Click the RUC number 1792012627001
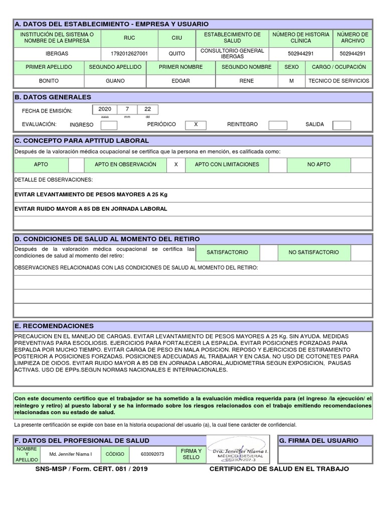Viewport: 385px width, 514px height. click(129, 54)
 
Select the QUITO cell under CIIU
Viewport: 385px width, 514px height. click(176, 54)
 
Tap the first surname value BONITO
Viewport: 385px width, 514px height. click(49, 81)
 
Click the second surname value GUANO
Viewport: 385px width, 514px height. click(115, 81)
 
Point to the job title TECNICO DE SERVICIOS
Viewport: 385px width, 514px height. click(338, 81)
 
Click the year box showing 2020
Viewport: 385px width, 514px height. click(105, 109)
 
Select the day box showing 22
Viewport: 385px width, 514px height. click(147, 109)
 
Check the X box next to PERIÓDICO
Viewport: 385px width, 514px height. click(196, 124)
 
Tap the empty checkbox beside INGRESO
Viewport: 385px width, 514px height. click(109, 125)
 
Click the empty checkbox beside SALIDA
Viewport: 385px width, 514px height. click(341, 125)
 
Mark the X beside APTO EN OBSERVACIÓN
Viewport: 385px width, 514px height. click(175, 165)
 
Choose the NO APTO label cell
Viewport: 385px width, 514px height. click(319, 165)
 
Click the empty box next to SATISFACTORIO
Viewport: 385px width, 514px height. click(269, 252)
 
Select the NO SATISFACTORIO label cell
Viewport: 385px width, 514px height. click(313, 252)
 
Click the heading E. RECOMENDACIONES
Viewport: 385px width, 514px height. click(55, 326)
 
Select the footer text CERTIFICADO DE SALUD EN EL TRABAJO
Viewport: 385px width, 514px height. click(279, 469)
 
